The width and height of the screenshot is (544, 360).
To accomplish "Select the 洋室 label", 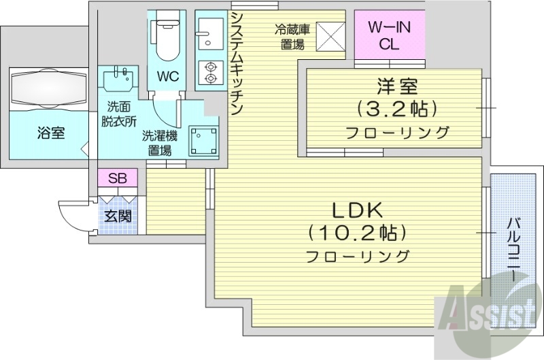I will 396,86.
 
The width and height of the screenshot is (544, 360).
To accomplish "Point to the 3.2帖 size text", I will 396,109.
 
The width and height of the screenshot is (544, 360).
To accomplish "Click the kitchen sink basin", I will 206,31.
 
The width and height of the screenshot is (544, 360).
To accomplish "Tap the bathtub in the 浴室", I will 47,88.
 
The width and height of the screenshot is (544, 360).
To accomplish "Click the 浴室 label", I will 51,133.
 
